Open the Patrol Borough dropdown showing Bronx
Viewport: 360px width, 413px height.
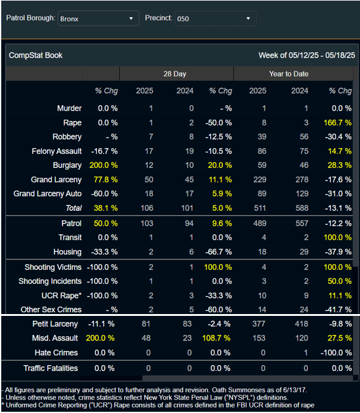(x=98, y=18)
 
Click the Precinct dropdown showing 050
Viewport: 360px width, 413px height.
(x=215, y=18)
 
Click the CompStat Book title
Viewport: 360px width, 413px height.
(x=36, y=55)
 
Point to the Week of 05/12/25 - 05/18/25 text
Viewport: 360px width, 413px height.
(x=307, y=55)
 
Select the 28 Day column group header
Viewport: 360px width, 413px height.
(x=175, y=74)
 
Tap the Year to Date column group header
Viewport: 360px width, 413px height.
(x=289, y=74)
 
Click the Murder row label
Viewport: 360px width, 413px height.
(x=69, y=108)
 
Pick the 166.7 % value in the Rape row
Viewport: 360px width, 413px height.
(x=338, y=123)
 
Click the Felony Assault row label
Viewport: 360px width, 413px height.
(x=57, y=151)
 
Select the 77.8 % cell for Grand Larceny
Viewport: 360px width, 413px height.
(x=106, y=179)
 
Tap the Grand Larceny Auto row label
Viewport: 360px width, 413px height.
(x=47, y=194)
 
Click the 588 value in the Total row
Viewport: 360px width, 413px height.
(x=302, y=208)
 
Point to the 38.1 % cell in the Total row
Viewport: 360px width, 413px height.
(x=106, y=208)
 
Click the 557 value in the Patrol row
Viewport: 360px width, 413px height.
(x=302, y=223)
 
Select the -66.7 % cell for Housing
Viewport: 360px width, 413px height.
(x=219, y=252)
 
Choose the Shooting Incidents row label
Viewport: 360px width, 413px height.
(x=50, y=281)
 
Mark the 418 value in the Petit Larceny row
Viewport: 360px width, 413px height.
(x=301, y=324)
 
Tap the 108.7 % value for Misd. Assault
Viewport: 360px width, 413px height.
(x=216, y=338)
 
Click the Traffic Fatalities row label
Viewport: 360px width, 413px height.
(x=50, y=368)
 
